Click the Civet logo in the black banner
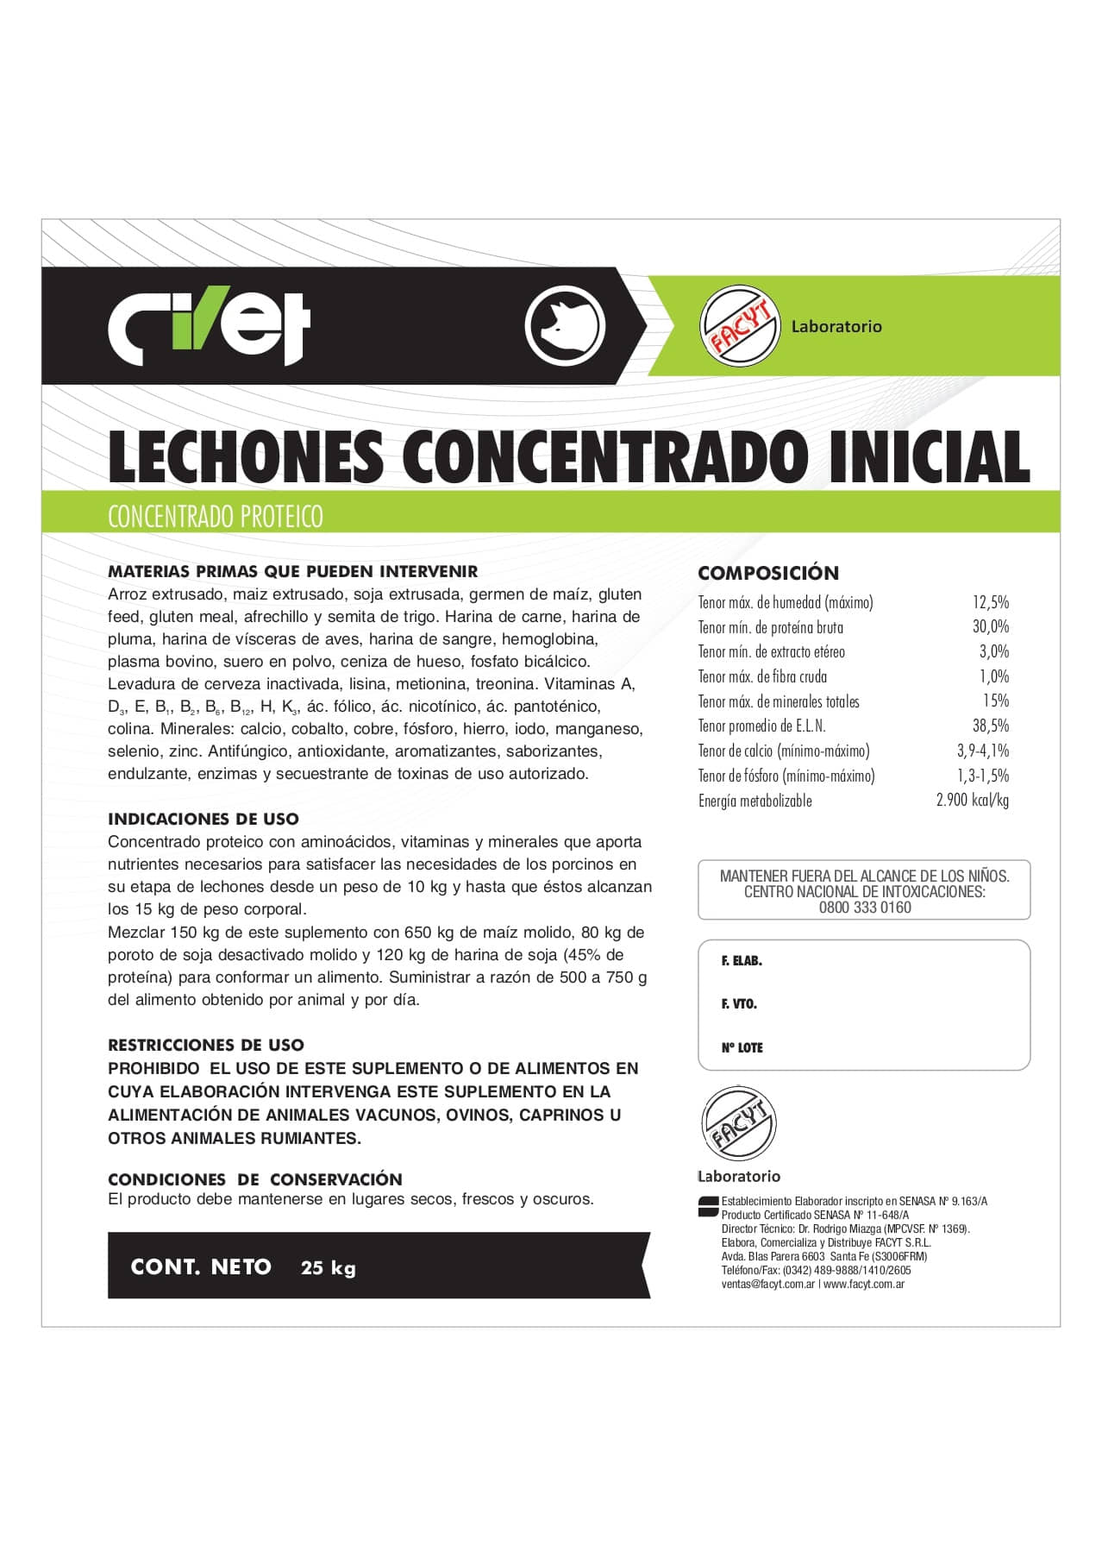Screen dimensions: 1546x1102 [x=210, y=328]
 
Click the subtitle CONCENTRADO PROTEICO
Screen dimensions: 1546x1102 [x=216, y=516]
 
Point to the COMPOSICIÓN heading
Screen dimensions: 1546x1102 [x=768, y=573]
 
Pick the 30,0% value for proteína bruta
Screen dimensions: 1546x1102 [x=991, y=627]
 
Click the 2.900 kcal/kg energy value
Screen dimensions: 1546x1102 [x=972, y=800]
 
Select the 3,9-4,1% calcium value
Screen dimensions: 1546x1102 [x=983, y=751]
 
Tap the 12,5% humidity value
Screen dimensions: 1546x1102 [x=991, y=602]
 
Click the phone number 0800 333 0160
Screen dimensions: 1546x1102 [x=864, y=908]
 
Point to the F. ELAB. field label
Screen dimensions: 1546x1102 [x=742, y=961]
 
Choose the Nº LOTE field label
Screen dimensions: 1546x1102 [x=742, y=1047]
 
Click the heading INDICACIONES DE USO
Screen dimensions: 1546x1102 [x=203, y=819]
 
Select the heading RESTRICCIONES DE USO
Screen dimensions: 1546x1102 [x=206, y=1045]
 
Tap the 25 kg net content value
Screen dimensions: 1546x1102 [x=329, y=1268]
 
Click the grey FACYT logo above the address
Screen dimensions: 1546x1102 [x=739, y=1124]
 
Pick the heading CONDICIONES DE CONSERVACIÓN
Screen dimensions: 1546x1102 [x=255, y=1179]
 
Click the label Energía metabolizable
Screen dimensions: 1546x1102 [x=755, y=801]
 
